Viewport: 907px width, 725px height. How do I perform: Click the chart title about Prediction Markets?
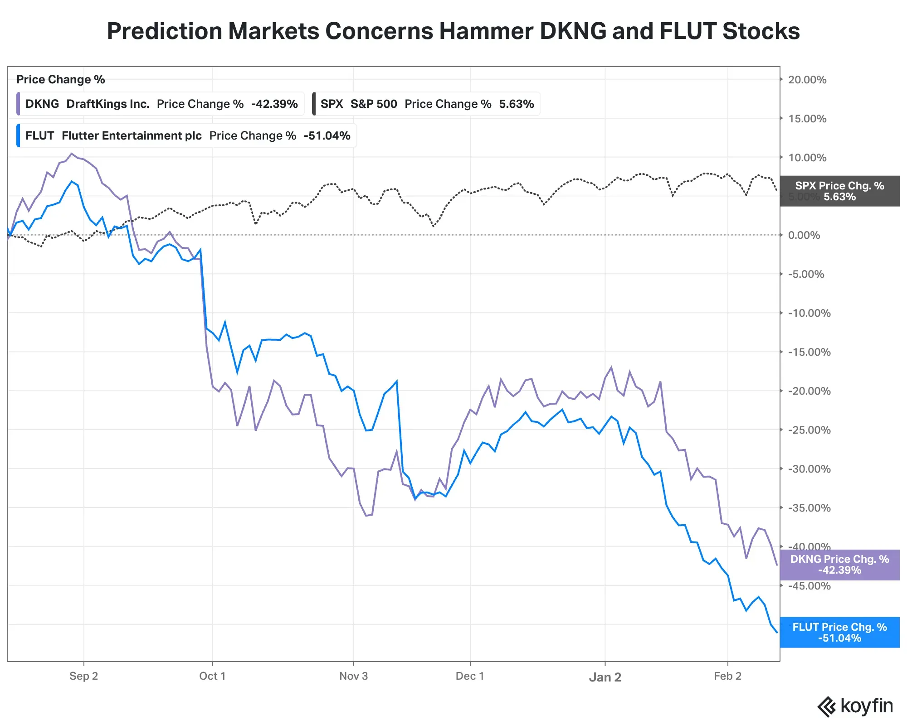453,31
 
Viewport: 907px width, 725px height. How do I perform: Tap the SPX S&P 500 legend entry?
426,104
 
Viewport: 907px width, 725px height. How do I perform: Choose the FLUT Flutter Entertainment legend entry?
187,135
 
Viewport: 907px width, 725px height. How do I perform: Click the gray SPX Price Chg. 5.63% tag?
839,191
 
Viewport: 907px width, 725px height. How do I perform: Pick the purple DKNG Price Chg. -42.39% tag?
839,565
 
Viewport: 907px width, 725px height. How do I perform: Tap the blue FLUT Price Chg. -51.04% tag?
839,633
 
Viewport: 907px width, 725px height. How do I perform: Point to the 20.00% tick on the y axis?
807,80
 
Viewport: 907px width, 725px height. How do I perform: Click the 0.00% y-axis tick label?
804,235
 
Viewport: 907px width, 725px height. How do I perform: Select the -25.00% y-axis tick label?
809,430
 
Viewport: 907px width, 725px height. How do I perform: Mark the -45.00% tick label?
809,586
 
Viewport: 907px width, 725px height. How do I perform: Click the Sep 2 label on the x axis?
83,676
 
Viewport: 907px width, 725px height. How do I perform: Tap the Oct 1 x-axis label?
212,676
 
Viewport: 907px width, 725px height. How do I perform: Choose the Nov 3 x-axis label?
353,676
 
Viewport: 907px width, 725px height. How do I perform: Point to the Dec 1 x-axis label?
470,676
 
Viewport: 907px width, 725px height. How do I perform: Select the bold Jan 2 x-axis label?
605,677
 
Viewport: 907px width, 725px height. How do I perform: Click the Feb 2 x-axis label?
727,676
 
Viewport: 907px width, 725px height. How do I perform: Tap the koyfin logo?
855,706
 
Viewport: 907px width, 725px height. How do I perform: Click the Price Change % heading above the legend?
61,80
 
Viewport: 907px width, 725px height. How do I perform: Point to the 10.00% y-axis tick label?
807,158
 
